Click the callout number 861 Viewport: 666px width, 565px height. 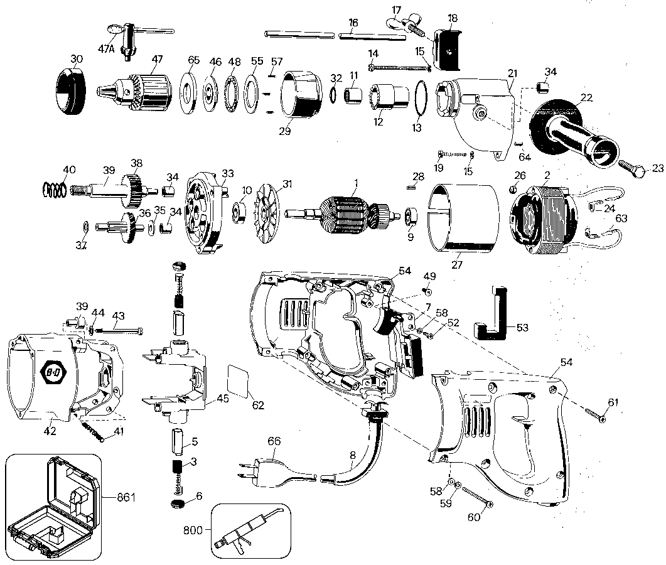[126, 497]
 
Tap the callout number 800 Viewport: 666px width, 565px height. [192, 530]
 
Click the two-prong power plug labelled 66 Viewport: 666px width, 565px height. [277, 470]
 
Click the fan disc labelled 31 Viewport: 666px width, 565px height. [265, 215]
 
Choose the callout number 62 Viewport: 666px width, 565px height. [258, 405]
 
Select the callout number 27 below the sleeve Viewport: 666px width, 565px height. [456, 264]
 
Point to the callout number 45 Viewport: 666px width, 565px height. [223, 398]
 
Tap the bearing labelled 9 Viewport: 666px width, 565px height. [412, 217]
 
